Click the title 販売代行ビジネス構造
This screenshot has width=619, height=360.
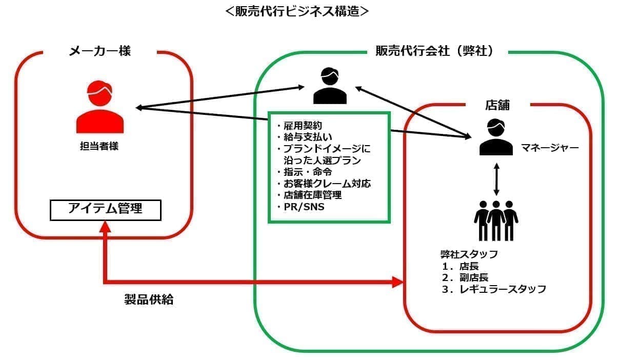coord(297,11)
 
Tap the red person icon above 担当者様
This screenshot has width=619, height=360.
coord(100,107)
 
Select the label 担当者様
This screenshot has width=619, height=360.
coord(99,146)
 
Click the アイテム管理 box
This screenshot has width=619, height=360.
coord(105,210)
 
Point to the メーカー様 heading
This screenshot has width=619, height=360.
coord(100,51)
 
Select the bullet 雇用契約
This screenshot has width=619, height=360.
coord(303,126)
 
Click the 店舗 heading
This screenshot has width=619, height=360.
coord(497,105)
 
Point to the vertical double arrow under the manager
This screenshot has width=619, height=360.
coord(496,179)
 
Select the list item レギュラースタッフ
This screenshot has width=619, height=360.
coord(502,289)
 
